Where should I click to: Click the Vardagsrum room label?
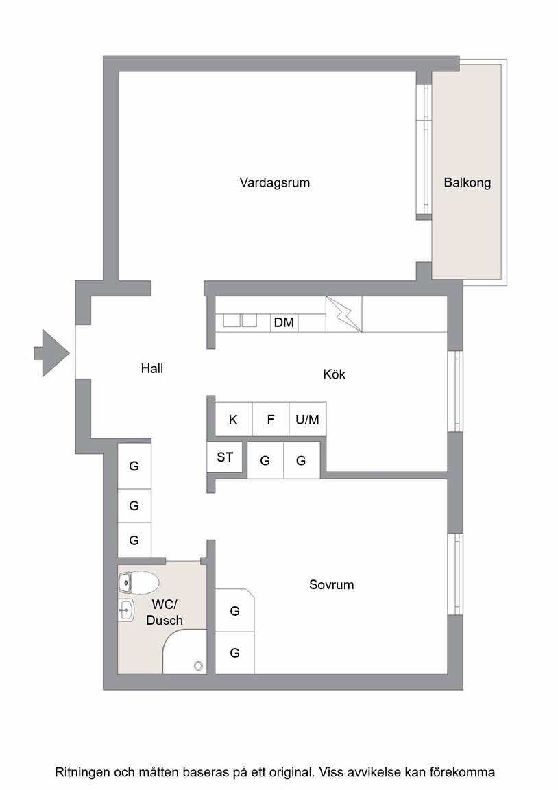[x=274, y=182]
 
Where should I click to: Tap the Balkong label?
[x=468, y=182]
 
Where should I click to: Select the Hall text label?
[x=151, y=368]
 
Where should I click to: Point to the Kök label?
[x=334, y=374]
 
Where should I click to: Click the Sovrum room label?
[x=331, y=584]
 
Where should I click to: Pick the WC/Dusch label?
[x=164, y=612]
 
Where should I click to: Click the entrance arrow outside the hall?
[x=51, y=353]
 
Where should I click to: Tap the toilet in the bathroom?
[x=138, y=583]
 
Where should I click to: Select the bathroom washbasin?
[x=126, y=610]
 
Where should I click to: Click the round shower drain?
[x=198, y=666]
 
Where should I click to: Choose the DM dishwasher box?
[x=284, y=322]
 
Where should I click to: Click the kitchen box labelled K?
[x=233, y=419]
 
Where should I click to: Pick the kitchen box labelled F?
[x=271, y=419]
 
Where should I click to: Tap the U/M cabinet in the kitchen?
[x=308, y=419]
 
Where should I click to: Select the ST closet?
[x=225, y=457]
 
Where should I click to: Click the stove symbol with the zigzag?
[x=344, y=314]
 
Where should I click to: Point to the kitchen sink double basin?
[x=240, y=320]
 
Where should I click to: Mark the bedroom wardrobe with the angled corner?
[x=234, y=610]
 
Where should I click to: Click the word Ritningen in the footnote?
[x=82, y=772]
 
